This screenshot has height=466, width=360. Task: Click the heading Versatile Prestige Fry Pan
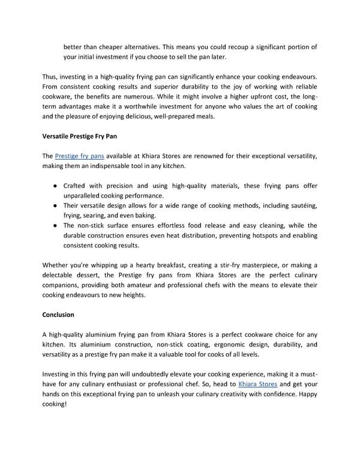click(79, 137)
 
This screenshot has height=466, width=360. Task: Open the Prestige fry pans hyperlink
click(79, 156)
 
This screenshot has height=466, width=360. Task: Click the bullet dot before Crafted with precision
click(55, 186)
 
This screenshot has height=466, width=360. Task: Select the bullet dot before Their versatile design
click(55, 206)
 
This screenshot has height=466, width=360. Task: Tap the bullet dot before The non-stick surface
click(55, 226)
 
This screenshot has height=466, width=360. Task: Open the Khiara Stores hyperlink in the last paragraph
click(257, 383)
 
